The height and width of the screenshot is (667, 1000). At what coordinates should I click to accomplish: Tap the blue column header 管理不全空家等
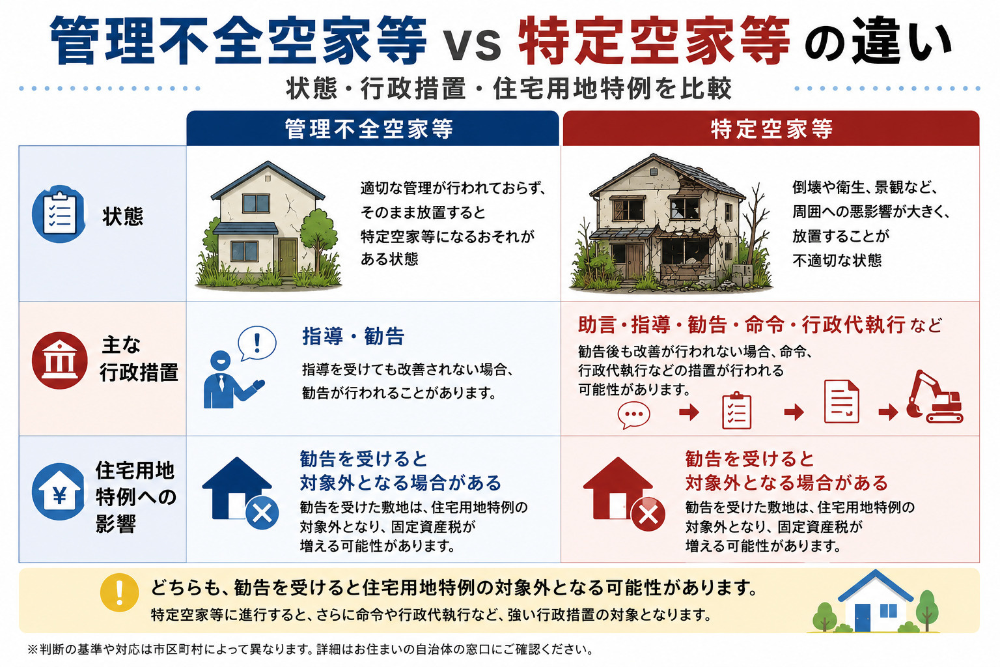(x=368, y=130)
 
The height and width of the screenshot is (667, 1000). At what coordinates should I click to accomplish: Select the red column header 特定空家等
(x=771, y=130)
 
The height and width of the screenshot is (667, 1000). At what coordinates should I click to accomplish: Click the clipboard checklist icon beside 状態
(x=59, y=214)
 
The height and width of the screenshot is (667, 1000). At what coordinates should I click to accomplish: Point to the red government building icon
(x=59, y=360)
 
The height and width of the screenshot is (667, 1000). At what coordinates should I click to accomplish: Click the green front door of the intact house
(x=288, y=257)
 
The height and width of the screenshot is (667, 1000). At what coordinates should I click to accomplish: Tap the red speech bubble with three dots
(x=633, y=414)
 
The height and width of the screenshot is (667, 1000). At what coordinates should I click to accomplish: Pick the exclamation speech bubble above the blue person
(x=257, y=343)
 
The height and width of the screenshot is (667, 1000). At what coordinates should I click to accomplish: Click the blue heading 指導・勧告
(x=353, y=336)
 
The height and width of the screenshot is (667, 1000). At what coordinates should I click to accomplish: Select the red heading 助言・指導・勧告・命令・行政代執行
(x=742, y=325)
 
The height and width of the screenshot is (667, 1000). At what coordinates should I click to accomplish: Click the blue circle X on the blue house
(x=262, y=513)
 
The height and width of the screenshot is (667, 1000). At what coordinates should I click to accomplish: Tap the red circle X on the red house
(x=648, y=514)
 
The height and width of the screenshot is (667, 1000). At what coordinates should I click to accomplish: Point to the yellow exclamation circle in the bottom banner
(x=119, y=592)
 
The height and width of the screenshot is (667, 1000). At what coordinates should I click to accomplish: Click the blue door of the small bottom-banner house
(x=863, y=617)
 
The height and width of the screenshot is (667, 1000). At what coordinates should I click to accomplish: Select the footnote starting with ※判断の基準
(x=311, y=649)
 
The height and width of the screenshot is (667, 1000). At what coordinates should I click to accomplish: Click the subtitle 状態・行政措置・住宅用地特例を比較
(x=509, y=89)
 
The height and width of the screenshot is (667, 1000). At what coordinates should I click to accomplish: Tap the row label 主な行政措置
(x=139, y=359)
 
